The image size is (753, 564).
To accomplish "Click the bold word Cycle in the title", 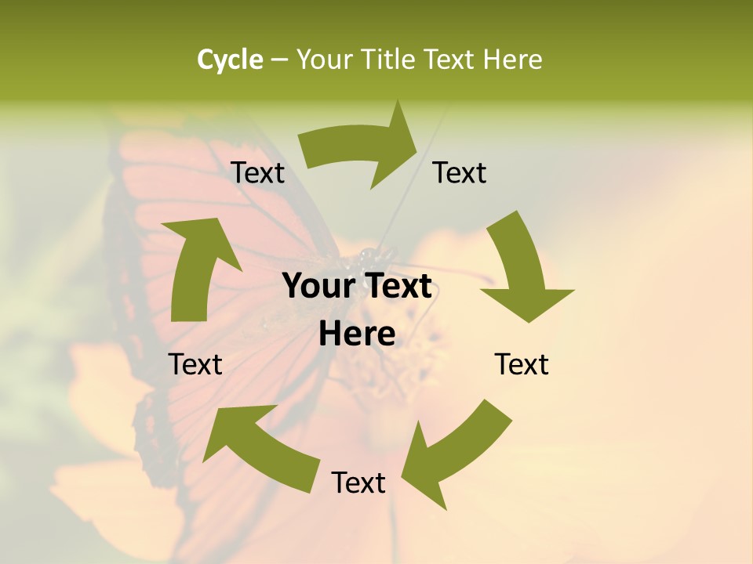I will [230, 60].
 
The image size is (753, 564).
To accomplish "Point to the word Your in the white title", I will [322, 60].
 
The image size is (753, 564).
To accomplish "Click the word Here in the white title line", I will [512, 60].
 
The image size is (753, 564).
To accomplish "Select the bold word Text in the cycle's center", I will [396, 287].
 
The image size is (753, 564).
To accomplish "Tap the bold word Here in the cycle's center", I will [357, 334].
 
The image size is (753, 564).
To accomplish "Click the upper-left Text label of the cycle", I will [257, 173].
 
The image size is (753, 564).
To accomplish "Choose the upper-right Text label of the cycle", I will [460, 173].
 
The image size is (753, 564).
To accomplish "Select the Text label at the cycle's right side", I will [522, 364].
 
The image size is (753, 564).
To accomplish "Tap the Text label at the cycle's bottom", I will [358, 483].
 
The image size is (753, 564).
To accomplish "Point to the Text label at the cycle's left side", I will [195, 364].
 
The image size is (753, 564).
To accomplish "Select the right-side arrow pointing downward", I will [522, 266].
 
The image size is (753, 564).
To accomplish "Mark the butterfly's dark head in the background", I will [367, 255].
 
